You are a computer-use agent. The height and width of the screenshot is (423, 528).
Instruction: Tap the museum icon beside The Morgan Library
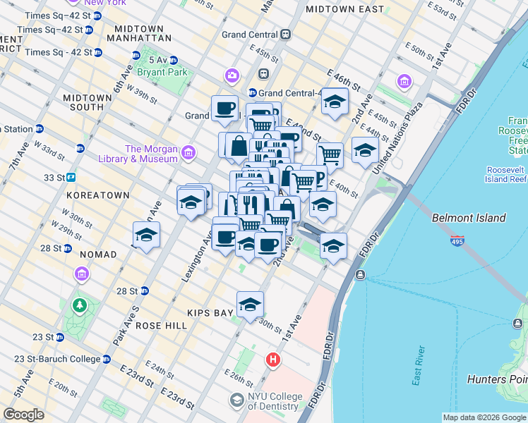point(188,153)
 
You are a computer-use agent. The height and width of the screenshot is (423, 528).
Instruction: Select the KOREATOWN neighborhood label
point(97,195)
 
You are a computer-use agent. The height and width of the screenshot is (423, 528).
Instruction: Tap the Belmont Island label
point(469,218)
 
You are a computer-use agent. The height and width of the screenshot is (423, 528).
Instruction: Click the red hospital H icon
point(273,360)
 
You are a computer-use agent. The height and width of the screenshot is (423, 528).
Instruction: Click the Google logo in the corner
point(24,415)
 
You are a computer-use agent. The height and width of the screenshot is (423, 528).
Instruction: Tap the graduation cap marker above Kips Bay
point(250,305)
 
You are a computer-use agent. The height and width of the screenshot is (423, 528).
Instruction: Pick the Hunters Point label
point(497,379)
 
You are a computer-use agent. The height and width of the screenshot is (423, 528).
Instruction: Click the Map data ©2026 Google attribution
point(484,417)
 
